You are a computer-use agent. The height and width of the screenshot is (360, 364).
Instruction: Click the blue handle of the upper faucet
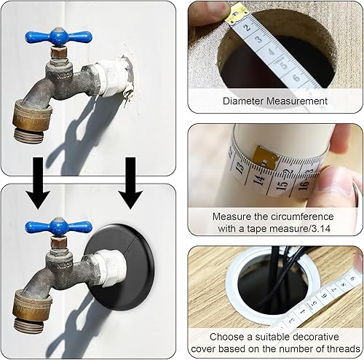(x=58, y=37)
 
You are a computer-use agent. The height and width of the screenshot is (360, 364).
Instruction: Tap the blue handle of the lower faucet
(x=58, y=227)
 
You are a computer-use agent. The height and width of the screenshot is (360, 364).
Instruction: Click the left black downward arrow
(x=38, y=183)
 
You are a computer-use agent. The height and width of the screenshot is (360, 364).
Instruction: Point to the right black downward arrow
(x=130, y=183)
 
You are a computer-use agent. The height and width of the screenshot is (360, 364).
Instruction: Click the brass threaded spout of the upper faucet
(x=31, y=122)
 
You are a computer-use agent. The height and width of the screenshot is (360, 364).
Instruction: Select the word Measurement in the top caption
(x=296, y=101)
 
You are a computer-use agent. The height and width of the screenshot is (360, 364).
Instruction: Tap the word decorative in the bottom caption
(x=315, y=337)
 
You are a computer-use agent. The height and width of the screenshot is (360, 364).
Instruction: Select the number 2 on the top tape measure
(x=247, y=27)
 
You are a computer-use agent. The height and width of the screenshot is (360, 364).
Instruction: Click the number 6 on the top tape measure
(x=296, y=78)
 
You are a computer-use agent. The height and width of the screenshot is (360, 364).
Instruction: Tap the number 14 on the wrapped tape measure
(x=260, y=180)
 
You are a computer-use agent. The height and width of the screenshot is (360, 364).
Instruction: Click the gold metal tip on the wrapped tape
(x=265, y=157)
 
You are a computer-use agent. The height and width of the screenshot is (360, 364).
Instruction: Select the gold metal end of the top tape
(x=236, y=15)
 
